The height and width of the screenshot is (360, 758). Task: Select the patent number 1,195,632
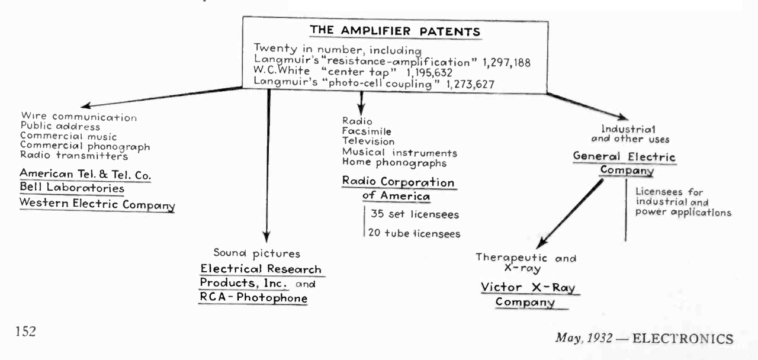429,72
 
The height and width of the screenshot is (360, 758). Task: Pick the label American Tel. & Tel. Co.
85,174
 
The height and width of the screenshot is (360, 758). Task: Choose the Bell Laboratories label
72,189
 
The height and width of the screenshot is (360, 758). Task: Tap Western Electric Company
97,204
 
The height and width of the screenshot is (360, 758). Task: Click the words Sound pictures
257,253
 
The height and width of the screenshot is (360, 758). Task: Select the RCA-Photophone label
253,298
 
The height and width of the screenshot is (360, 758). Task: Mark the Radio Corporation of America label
398,189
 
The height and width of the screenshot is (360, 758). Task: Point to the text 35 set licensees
415,214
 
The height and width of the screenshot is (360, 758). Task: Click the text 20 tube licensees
414,233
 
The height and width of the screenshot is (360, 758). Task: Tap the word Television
368,142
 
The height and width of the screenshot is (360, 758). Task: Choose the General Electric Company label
624,163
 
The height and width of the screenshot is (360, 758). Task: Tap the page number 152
25,331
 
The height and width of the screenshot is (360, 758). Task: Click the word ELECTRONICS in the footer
683,339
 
